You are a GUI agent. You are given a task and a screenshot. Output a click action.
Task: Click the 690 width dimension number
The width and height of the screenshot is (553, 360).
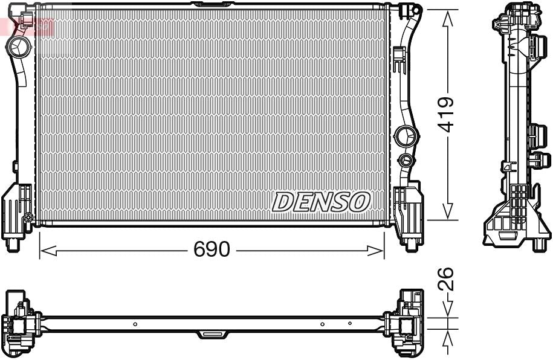(x=212, y=249)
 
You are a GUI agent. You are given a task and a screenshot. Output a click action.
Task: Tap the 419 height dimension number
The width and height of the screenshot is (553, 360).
(x=447, y=114)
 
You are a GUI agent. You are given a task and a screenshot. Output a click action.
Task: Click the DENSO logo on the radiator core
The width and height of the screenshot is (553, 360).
(x=321, y=202)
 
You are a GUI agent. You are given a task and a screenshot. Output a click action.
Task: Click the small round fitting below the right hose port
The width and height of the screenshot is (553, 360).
(x=406, y=160)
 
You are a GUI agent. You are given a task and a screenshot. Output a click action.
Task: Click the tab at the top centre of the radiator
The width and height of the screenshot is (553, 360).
(x=211, y=5)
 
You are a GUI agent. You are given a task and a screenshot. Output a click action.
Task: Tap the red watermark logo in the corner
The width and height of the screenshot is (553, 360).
(x=27, y=26)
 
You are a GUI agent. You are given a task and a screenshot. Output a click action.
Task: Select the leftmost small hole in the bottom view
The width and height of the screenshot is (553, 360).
(x=135, y=324)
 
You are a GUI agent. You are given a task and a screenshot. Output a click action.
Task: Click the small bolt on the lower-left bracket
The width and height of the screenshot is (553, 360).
(x=28, y=217)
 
